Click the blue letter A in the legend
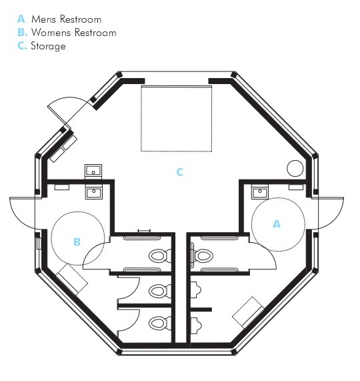coord(21,19)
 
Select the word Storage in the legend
coord(48,46)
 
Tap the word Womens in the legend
coord(51,32)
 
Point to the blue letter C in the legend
coord(21,45)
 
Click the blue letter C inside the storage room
coord(179,172)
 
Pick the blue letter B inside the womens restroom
coord(77,242)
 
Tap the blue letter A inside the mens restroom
coord(277,224)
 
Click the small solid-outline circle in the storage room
coord(295,168)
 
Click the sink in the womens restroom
coord(93,194)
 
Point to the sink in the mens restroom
coord(260,192)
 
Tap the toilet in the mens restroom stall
coord(202,256)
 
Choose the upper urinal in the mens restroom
coord(195,290)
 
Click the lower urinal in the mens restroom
coord(195,326)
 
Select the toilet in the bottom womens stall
coord(160,324)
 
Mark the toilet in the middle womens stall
coord(160,291)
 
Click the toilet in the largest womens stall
coord(160,256)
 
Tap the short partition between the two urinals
coord(201,310)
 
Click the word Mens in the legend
coord(44,19)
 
